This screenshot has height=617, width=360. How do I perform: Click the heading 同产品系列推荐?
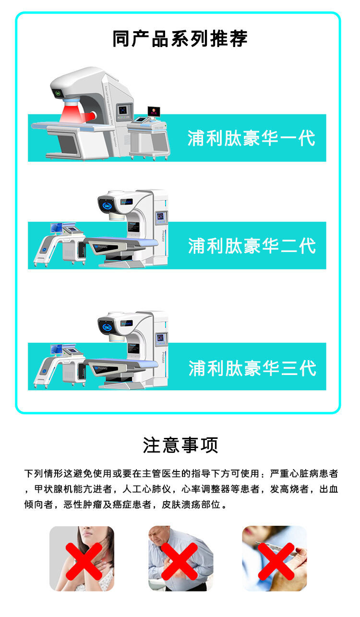click(180, 39)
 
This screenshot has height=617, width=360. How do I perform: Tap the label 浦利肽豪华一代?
click(251, 138)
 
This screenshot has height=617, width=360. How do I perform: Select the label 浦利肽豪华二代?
click(252, 246)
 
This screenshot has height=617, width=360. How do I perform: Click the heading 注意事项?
click(180, 445)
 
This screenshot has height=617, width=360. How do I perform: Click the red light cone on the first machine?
click(72, 113)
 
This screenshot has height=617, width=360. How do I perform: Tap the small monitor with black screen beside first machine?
click(154, 111)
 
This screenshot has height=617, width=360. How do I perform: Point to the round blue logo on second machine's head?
click(107, 206)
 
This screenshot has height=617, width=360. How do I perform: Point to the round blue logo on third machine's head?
click(107, 327)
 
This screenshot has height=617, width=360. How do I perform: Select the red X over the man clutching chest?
click(180, 561)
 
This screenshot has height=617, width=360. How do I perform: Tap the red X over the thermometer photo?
click(276, 561)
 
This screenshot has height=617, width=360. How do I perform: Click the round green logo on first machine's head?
click(58, 93)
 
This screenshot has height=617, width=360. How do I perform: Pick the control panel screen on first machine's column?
click(122, 110)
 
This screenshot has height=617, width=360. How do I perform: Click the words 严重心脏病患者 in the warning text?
click(304, 474)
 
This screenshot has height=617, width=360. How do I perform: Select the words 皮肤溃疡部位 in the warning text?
click(191, 505)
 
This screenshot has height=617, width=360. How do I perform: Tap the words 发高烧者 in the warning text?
click(289, 489)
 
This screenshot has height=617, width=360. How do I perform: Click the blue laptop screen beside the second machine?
click(56, 228)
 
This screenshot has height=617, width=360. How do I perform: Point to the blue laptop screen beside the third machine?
click(56, 349)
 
